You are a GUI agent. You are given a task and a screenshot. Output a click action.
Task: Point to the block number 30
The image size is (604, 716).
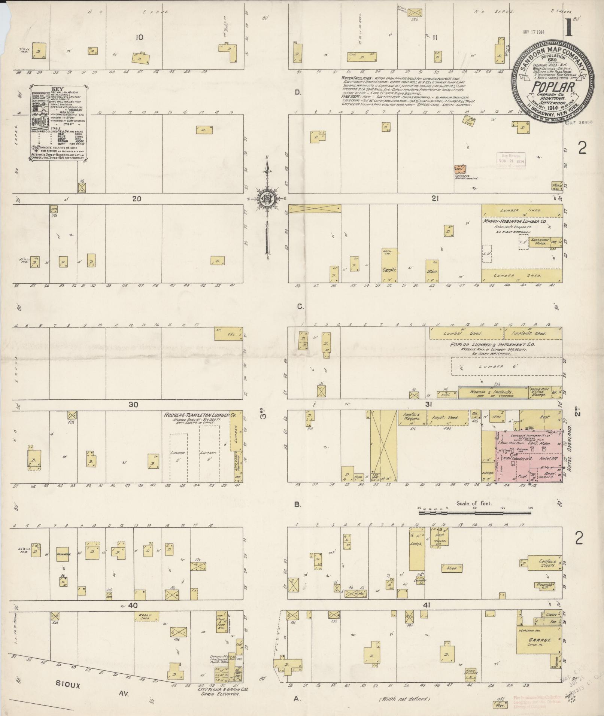134,405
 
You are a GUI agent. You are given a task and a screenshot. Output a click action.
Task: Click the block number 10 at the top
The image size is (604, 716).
140,37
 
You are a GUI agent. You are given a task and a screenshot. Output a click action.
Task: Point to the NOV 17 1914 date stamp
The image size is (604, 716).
533,31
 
